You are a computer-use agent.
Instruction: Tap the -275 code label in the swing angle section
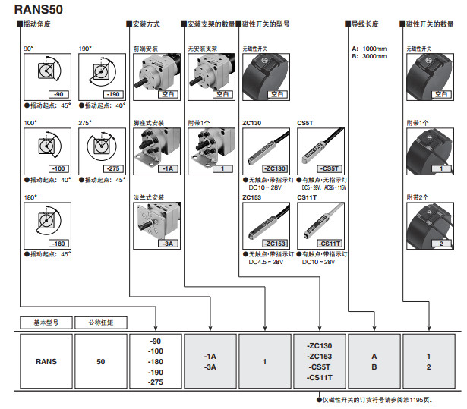point(112,168)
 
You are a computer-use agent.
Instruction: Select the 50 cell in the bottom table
point(101,362)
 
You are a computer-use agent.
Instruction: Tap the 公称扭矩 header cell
point(101,322)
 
